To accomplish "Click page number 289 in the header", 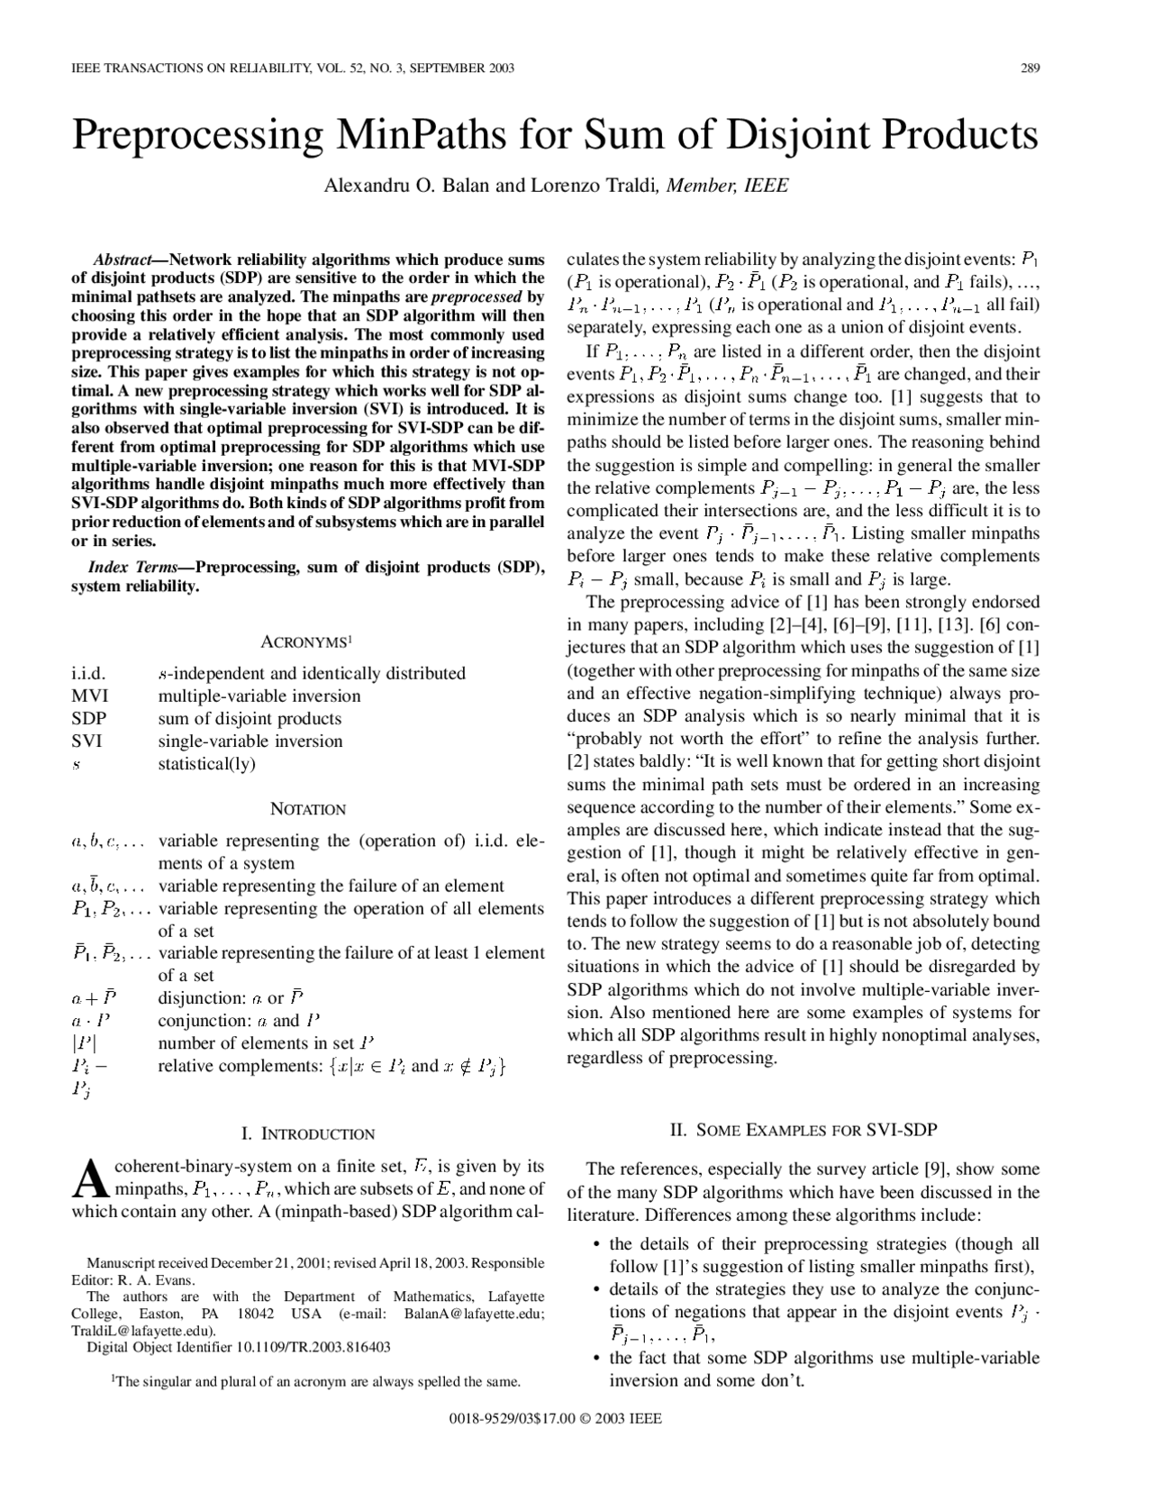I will click(1030, 68).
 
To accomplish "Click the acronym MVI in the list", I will click(89, 696).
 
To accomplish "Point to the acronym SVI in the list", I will click(86, 741).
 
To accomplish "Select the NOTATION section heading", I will click(307, 809).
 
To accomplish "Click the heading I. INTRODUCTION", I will click(307, 1133).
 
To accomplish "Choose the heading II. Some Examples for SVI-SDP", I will click(803, 1130).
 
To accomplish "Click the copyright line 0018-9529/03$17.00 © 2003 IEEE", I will click(555, 1418).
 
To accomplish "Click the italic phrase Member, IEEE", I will click(728, 186).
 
